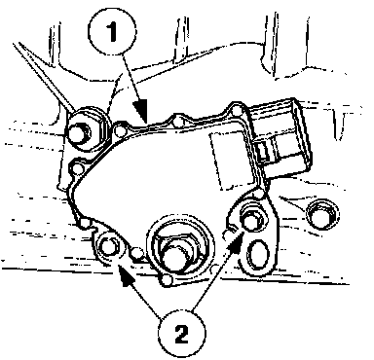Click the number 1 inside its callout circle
tap(112, 33)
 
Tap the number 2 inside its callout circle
tap(181, 334)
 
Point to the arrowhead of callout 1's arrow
tap(142, 111)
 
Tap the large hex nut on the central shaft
tap(178, 253)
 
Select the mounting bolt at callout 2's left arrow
tap(108, 247)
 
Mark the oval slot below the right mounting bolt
tap(258, 255)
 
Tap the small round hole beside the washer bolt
tap(121, 130)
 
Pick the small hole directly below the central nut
tap(167, 280)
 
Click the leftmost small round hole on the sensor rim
tap(77, 168)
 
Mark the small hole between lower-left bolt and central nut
tap(136, 251)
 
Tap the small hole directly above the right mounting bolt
tap(258, 195)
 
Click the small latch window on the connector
tap(264, 150)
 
